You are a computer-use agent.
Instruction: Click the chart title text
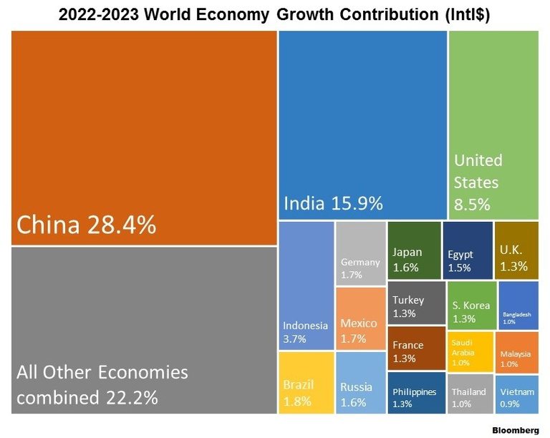(x=275, y=14)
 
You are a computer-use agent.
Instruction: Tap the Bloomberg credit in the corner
(x=515, y=431)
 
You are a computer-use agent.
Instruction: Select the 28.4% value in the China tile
(x=122, y=225)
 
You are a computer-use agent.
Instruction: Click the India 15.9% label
(x=333, y=203)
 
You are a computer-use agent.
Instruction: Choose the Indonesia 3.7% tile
(x=307, y=286)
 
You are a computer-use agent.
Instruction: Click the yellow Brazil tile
(x=307, y=382)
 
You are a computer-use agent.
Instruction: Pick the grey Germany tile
(x=361, y=254)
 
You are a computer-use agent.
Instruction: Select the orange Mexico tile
(x=361, y=318)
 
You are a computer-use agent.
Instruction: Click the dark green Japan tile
(x=415, y=250)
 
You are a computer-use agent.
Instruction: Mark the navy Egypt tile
(x=467, y=250)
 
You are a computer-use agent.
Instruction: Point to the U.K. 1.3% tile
(x=516, y=250)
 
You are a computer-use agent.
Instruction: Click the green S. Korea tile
(x=470, y=305)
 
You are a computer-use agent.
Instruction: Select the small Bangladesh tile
(x=518, y=305)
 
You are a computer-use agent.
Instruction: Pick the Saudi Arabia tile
(x=470, y=351)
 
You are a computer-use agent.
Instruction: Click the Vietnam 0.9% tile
(x=518, y=394)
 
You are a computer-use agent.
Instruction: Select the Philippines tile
(x=415, y=393)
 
